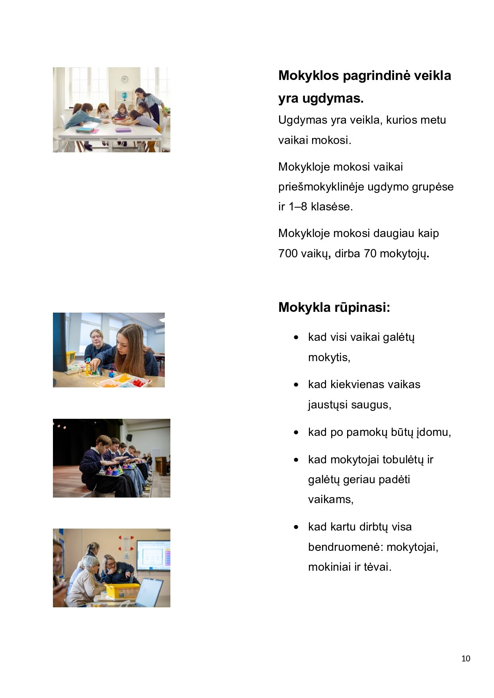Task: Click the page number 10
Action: point(465,659)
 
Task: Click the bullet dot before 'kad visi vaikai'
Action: point(296,338)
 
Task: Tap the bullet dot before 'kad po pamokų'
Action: point(296,432)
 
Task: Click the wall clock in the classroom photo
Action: point(125,79)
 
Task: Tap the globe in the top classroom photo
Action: point(125,96)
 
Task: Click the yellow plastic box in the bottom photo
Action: point(122,591)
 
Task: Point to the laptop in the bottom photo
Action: point(150,592)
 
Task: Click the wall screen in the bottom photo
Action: point(153,555)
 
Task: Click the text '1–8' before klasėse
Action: point(298,207)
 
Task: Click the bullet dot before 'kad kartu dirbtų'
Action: point(296,527)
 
